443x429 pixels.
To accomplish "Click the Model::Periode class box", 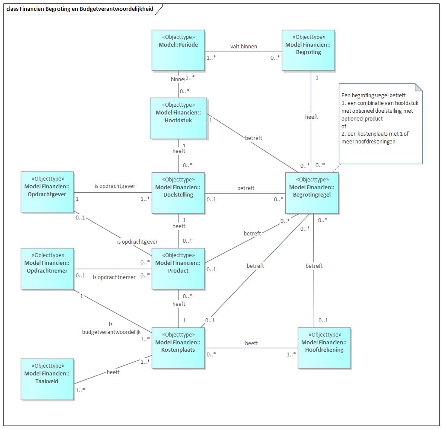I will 178,50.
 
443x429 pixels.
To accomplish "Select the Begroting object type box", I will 308,50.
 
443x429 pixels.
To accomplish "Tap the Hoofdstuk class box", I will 178,118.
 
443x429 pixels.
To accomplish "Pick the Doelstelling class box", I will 178,193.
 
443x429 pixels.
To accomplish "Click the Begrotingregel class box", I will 312,193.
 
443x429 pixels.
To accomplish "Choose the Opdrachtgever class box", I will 47,192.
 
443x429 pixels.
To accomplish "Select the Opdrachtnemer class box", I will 47,268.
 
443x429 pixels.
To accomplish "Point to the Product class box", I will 178,268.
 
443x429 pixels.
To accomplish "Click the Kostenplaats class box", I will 178,348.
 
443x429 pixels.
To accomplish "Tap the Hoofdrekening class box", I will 324,348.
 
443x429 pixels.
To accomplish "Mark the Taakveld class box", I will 47,379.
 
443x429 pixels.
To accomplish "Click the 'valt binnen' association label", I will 243,46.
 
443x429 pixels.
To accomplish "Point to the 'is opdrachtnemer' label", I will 114,277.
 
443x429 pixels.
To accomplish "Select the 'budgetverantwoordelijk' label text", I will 112,332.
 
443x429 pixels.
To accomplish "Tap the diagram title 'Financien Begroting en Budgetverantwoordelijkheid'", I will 80,9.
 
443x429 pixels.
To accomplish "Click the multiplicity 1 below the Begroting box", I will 317,78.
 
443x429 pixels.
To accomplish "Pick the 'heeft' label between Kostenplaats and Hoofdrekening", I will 251,343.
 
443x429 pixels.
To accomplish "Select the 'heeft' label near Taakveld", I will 113,372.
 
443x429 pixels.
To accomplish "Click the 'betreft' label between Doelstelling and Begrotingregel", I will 245,188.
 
